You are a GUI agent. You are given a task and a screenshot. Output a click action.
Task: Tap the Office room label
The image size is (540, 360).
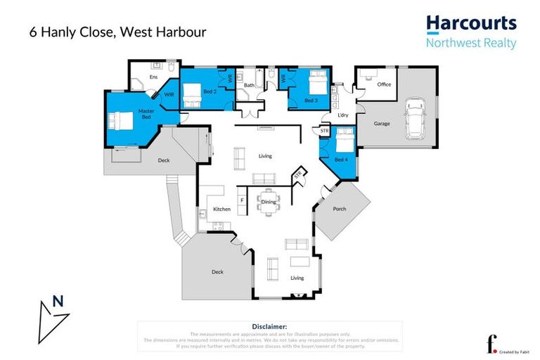[x=383, y=84]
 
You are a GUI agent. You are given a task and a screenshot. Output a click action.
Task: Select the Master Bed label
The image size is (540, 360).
[x=146, y=113]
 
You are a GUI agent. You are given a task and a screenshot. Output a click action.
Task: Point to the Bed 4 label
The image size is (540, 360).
[x=340, y=160]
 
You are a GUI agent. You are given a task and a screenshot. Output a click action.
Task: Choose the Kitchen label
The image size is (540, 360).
[x=222, y=210]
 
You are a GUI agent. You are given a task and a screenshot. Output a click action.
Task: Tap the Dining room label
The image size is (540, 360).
[x=268, y=202]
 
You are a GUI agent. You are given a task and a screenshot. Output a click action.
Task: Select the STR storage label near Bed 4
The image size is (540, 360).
[x=324, y=131]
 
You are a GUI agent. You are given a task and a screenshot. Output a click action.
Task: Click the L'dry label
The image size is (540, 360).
[x=343, y=115]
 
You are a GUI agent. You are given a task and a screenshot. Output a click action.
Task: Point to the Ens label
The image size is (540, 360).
[x=154, y=77]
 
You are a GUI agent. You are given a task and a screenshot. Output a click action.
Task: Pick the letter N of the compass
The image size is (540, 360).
[x=58, y=302]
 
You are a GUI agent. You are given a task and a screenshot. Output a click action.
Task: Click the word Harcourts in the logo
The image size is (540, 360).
[x=471, y=23]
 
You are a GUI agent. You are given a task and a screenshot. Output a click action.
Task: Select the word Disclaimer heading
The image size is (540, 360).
[x=269, y=327]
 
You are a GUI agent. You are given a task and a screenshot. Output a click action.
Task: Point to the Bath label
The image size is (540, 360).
[x=249, y=86]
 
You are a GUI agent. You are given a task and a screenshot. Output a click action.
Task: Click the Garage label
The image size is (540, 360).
[x=382, y=124]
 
